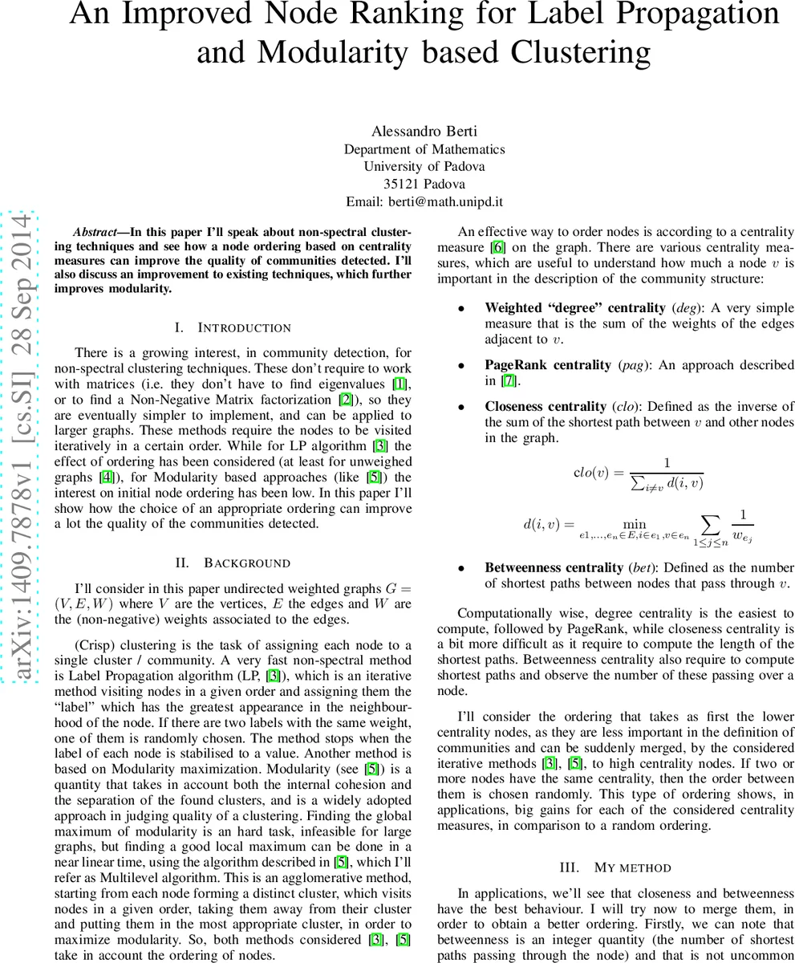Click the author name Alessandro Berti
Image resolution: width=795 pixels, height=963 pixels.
click(x=424, y=131)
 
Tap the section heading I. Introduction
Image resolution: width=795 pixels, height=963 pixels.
click(x=233, y=327)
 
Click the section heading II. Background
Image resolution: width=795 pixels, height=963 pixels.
click(x=233, y=563)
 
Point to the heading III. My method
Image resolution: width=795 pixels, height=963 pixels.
click(x=615, y=868)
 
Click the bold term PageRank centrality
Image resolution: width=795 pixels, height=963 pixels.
click(x=547, y=365)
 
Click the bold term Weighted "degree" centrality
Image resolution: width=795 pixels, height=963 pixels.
click(x=575, y=308)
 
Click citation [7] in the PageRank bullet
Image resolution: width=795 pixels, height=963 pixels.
click(x=509, y=380)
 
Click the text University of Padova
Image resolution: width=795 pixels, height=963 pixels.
click(x=424, y=166)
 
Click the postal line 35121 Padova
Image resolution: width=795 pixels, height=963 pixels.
click(x=424, y=184)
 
